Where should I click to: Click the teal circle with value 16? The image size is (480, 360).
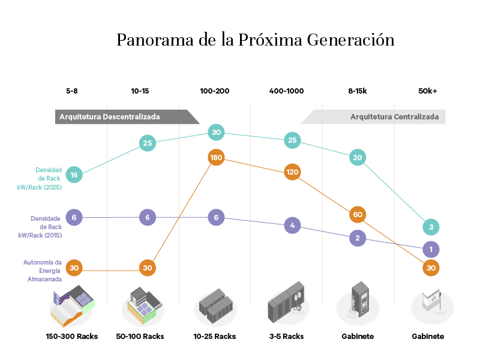(74, 175)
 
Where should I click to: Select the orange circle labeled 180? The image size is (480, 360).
(217, 158)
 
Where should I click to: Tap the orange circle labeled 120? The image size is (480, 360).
(292, 172)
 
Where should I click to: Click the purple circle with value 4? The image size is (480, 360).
(292, 226)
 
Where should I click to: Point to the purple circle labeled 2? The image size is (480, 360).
(358, 238)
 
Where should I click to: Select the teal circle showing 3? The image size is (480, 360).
(431, 227)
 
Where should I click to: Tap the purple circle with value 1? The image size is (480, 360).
(431, 249)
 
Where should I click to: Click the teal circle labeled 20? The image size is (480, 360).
(358, 158)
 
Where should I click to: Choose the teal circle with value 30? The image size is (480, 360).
(217, 133)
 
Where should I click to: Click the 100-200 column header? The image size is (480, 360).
(215, 91)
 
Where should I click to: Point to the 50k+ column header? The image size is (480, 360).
(428, 91)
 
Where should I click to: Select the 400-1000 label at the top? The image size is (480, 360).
(287, 91)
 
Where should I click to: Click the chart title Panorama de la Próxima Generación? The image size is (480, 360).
(255, 40)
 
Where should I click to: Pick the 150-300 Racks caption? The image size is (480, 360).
(72, 337)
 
